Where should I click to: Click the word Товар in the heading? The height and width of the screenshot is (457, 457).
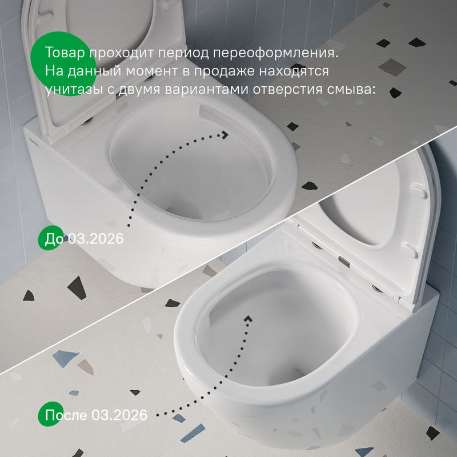point(65,53)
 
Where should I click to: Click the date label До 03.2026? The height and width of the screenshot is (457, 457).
point(84,239)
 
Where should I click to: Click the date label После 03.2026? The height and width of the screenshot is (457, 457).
point(96,415)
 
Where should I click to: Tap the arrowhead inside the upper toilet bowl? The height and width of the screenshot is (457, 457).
point(225,135)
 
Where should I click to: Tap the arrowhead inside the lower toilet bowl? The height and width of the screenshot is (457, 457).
point(248,319)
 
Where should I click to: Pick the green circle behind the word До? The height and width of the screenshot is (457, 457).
point(51,238)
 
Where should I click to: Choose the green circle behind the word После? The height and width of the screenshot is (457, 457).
point(51,414)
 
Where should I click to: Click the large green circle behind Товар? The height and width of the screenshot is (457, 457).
point(63,64)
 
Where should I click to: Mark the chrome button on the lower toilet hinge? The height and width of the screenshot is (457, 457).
point(344,261)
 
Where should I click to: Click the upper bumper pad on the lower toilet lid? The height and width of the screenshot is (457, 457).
point(419,192)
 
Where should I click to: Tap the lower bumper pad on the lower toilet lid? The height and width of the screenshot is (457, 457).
point(410,250)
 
